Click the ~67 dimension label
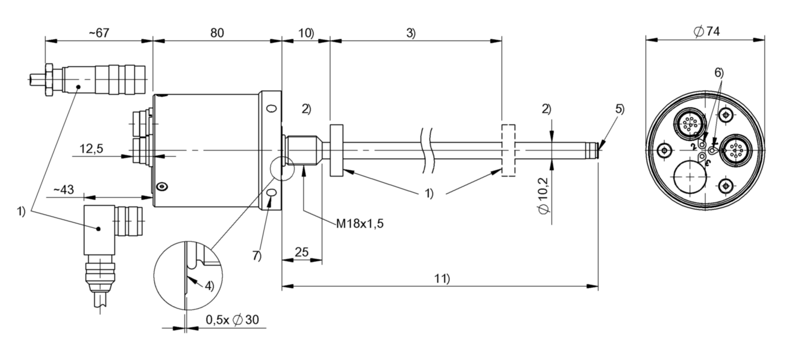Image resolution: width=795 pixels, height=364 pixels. (99, 33)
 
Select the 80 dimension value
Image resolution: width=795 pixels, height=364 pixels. (217, 33)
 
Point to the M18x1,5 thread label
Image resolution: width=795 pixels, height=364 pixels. (360, 223)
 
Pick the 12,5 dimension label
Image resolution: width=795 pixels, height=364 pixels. (90, 149)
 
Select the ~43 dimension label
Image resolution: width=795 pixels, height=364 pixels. (64, 190)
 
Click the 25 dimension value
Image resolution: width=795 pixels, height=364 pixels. (302, 252)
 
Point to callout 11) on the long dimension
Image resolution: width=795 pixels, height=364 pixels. (441, 279)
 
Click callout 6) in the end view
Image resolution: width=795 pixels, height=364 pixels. (718, 73)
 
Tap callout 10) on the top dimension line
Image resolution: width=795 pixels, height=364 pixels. (306, 33)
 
